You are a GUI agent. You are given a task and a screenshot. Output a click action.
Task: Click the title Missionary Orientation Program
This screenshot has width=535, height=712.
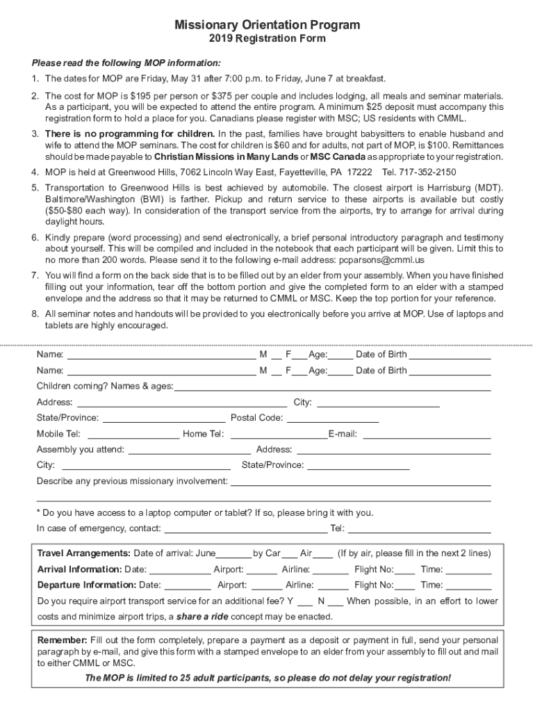(x=267, y=25)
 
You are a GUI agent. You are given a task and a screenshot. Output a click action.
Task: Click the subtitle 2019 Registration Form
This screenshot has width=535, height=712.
(x=267, y=39)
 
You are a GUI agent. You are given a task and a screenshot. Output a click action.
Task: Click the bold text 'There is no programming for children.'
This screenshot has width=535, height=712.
(x=130, y=133)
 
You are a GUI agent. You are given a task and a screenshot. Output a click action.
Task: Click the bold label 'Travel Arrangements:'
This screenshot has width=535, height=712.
(x=83, y=553)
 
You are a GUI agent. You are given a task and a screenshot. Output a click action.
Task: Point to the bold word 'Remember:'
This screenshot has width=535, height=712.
(x=62, y=640)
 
